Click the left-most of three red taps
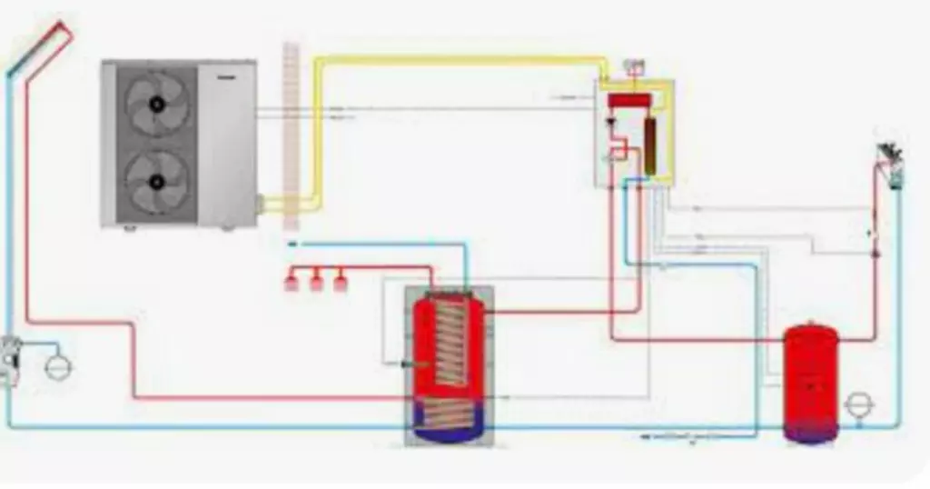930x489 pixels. point(292,282)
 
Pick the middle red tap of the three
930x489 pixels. point(316,282)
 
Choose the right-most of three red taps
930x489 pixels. point(340,282)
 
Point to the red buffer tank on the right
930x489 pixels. point(810,382)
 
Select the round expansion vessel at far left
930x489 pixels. point(58,365)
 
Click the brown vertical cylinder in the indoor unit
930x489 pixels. point(650,145)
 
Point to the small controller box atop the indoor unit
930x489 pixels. point(635,66)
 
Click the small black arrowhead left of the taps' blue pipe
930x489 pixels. point(292,244)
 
